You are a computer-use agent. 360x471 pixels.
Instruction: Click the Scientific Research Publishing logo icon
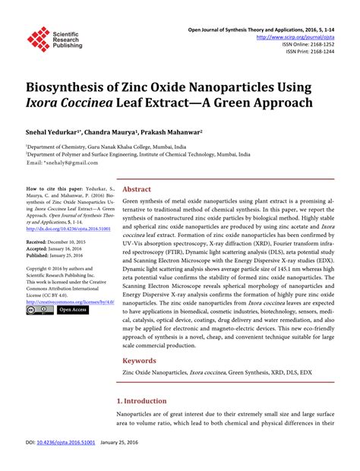37,39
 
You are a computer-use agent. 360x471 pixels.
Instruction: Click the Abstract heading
137,189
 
